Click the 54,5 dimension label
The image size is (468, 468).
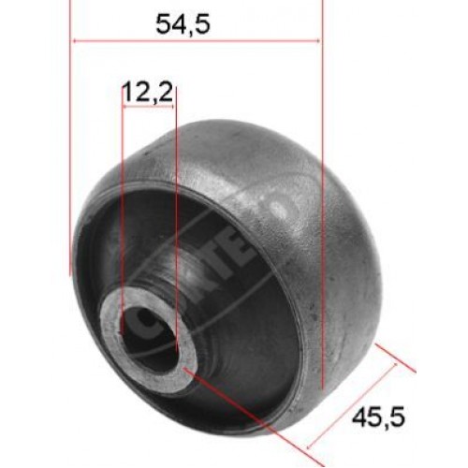pos(183,25)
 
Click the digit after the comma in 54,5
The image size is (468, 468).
pos(202,25)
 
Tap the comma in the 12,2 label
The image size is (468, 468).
pos(149,97)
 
